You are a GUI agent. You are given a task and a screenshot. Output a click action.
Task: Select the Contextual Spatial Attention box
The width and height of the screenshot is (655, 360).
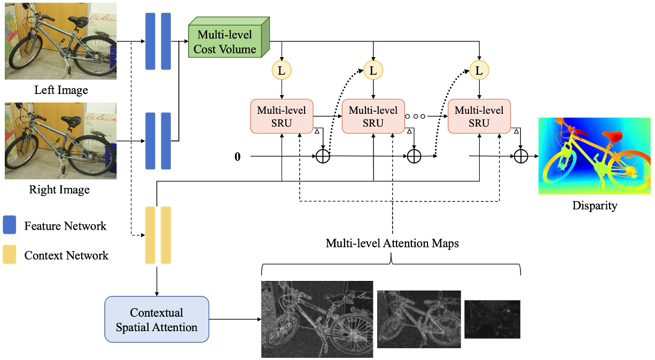tap(157, 319)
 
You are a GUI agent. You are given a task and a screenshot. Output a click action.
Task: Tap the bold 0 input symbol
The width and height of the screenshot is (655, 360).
tap(237, 156)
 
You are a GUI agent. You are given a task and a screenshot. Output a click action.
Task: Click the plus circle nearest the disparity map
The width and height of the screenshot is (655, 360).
tap(521, 156)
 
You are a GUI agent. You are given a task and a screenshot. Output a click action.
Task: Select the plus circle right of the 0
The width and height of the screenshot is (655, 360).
tap(323, 156)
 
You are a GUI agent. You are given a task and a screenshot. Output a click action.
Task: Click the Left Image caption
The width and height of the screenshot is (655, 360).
tap(61, 90)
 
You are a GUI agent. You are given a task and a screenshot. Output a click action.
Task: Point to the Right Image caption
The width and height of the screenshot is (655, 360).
tap(59, 189)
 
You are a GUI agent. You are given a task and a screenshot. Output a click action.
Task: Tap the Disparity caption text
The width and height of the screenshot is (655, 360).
tap(595, 206)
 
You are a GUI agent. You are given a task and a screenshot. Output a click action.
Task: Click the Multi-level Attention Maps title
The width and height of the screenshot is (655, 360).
tap(392, 244)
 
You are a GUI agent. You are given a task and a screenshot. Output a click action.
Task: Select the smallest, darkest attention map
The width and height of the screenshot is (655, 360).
tap(492, 319)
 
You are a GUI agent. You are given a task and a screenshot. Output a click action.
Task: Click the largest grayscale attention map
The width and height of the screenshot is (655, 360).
tap(317, 319)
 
